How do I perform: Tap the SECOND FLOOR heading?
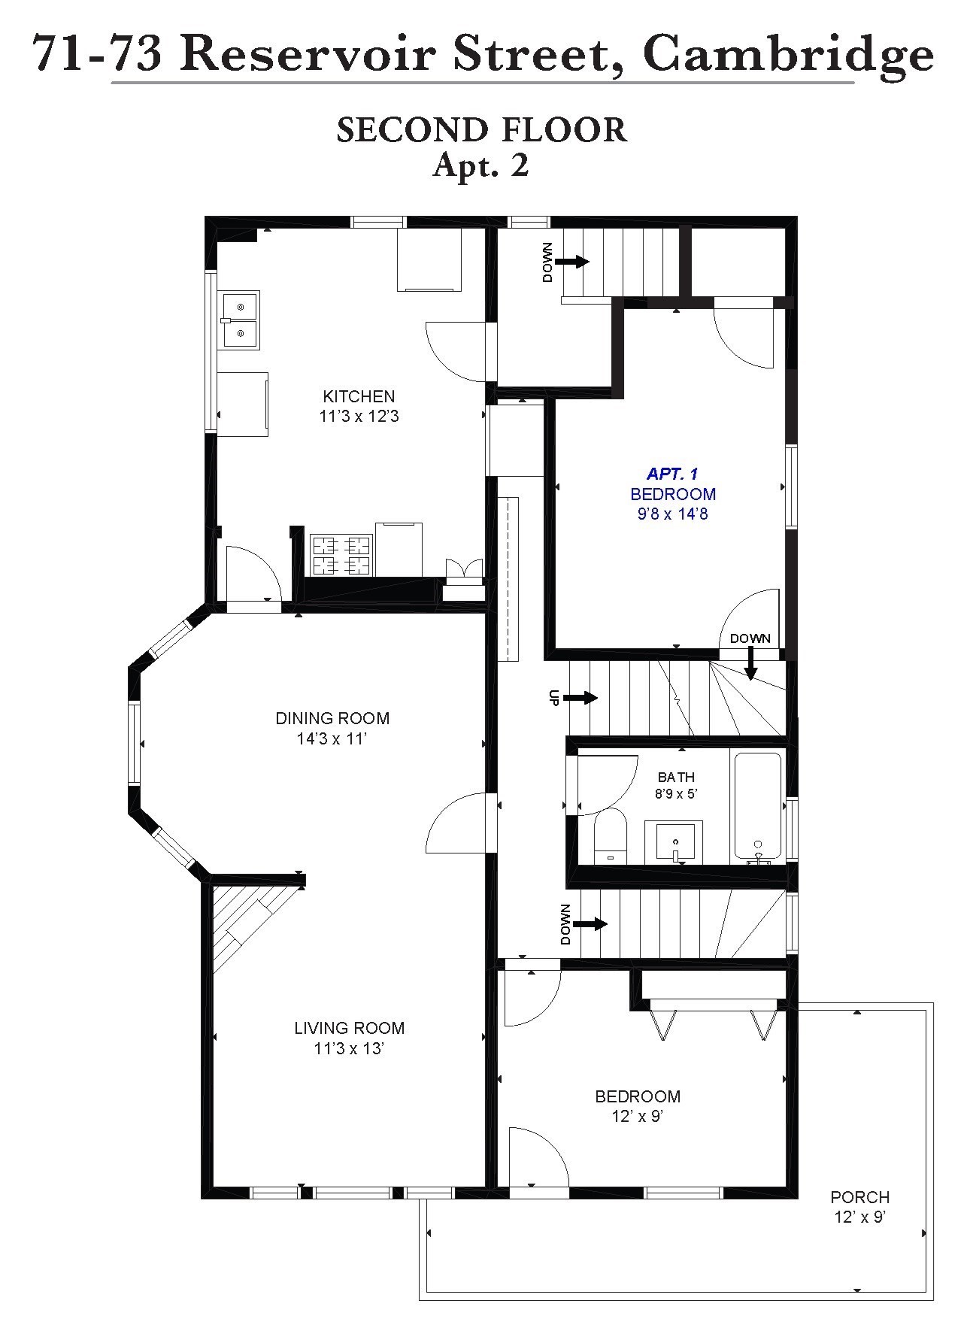[x=481, y=130]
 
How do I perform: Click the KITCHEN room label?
[x=359, y=396]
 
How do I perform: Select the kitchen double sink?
[x=240, y=320]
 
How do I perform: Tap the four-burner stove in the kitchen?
[x=341, y=555]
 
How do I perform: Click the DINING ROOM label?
[x=332, y=718]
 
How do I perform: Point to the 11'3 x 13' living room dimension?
[x=349, y=1048]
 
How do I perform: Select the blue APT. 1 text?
[x=672, y=474]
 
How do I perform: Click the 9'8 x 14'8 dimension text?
[x=672, y=514]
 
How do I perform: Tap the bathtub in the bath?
[x=757, y=807]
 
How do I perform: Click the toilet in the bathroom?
[x=610, y=836]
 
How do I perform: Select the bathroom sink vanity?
[x=674, y=841]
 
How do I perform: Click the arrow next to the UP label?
[x=580, y=698]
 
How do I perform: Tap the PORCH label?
[x=859, y=1197]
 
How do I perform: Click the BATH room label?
[x=676, y=777]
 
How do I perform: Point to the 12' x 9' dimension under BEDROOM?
[x=637, y=1117]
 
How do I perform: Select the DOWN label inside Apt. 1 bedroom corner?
[x=750, y=638]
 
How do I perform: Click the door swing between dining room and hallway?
[x=459, y=823]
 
